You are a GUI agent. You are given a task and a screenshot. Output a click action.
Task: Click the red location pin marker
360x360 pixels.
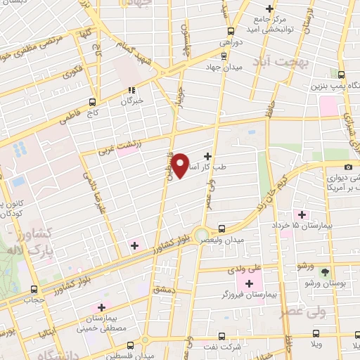coord(181,166)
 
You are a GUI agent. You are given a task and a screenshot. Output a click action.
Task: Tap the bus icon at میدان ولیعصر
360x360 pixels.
coord(222,228)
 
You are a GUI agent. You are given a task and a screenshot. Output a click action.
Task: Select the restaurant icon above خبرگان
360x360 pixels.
coord(131,90)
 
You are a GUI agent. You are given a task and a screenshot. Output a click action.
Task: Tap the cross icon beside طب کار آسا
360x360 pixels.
coord(207,155)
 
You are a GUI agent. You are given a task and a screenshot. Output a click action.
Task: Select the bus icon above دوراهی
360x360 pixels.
coord(231,30)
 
